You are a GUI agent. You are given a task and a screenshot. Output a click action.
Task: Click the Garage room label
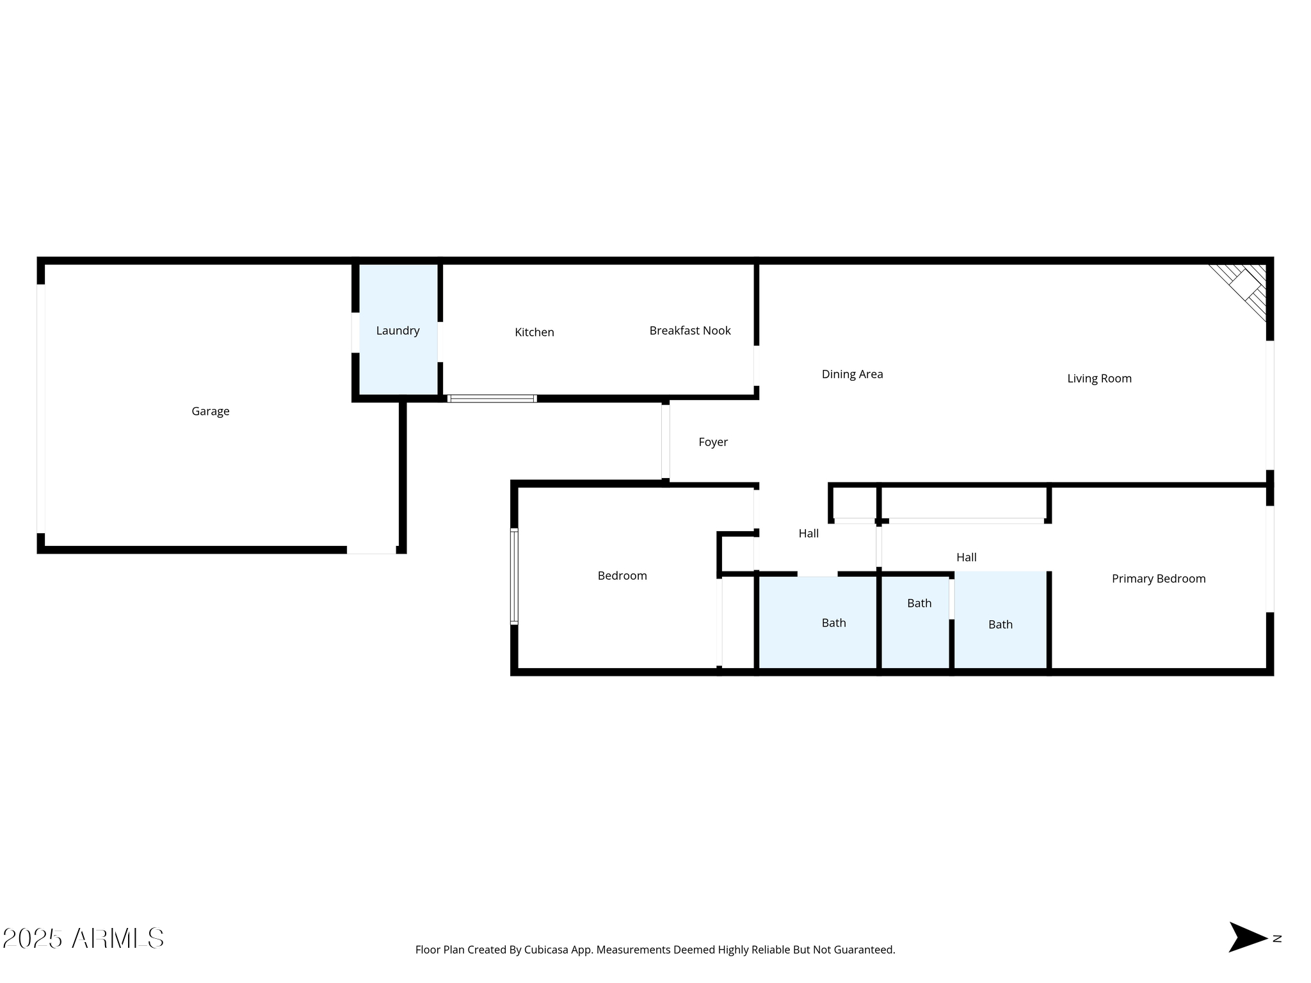(210, 412)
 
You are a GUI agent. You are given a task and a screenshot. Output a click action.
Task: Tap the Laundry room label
(398, 331)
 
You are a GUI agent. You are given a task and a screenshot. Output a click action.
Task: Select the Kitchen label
(535, 332)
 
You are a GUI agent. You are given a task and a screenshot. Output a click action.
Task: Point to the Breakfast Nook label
(690, 331)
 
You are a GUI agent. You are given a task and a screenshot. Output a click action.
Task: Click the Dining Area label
(852, 374)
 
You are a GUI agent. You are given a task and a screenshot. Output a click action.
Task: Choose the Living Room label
(1099, 379)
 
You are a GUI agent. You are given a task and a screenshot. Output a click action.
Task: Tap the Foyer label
(713, 442)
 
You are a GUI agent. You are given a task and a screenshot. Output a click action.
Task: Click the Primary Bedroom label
(1159, 579)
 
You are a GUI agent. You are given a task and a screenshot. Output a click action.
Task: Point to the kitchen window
(492, 399)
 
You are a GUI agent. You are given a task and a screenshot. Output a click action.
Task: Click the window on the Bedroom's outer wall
(514, 576)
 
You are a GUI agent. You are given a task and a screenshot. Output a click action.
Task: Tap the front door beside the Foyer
(666, 442)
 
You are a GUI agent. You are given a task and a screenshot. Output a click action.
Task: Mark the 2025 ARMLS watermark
(83, 939)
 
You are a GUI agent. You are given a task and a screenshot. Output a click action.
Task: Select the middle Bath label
(919, 603)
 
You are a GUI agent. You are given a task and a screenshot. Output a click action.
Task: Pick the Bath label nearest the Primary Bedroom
(1001, 625)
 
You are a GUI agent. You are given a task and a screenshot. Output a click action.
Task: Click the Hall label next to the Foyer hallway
(808, 534)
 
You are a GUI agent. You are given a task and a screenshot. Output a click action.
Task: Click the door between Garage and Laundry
(355, 332)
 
